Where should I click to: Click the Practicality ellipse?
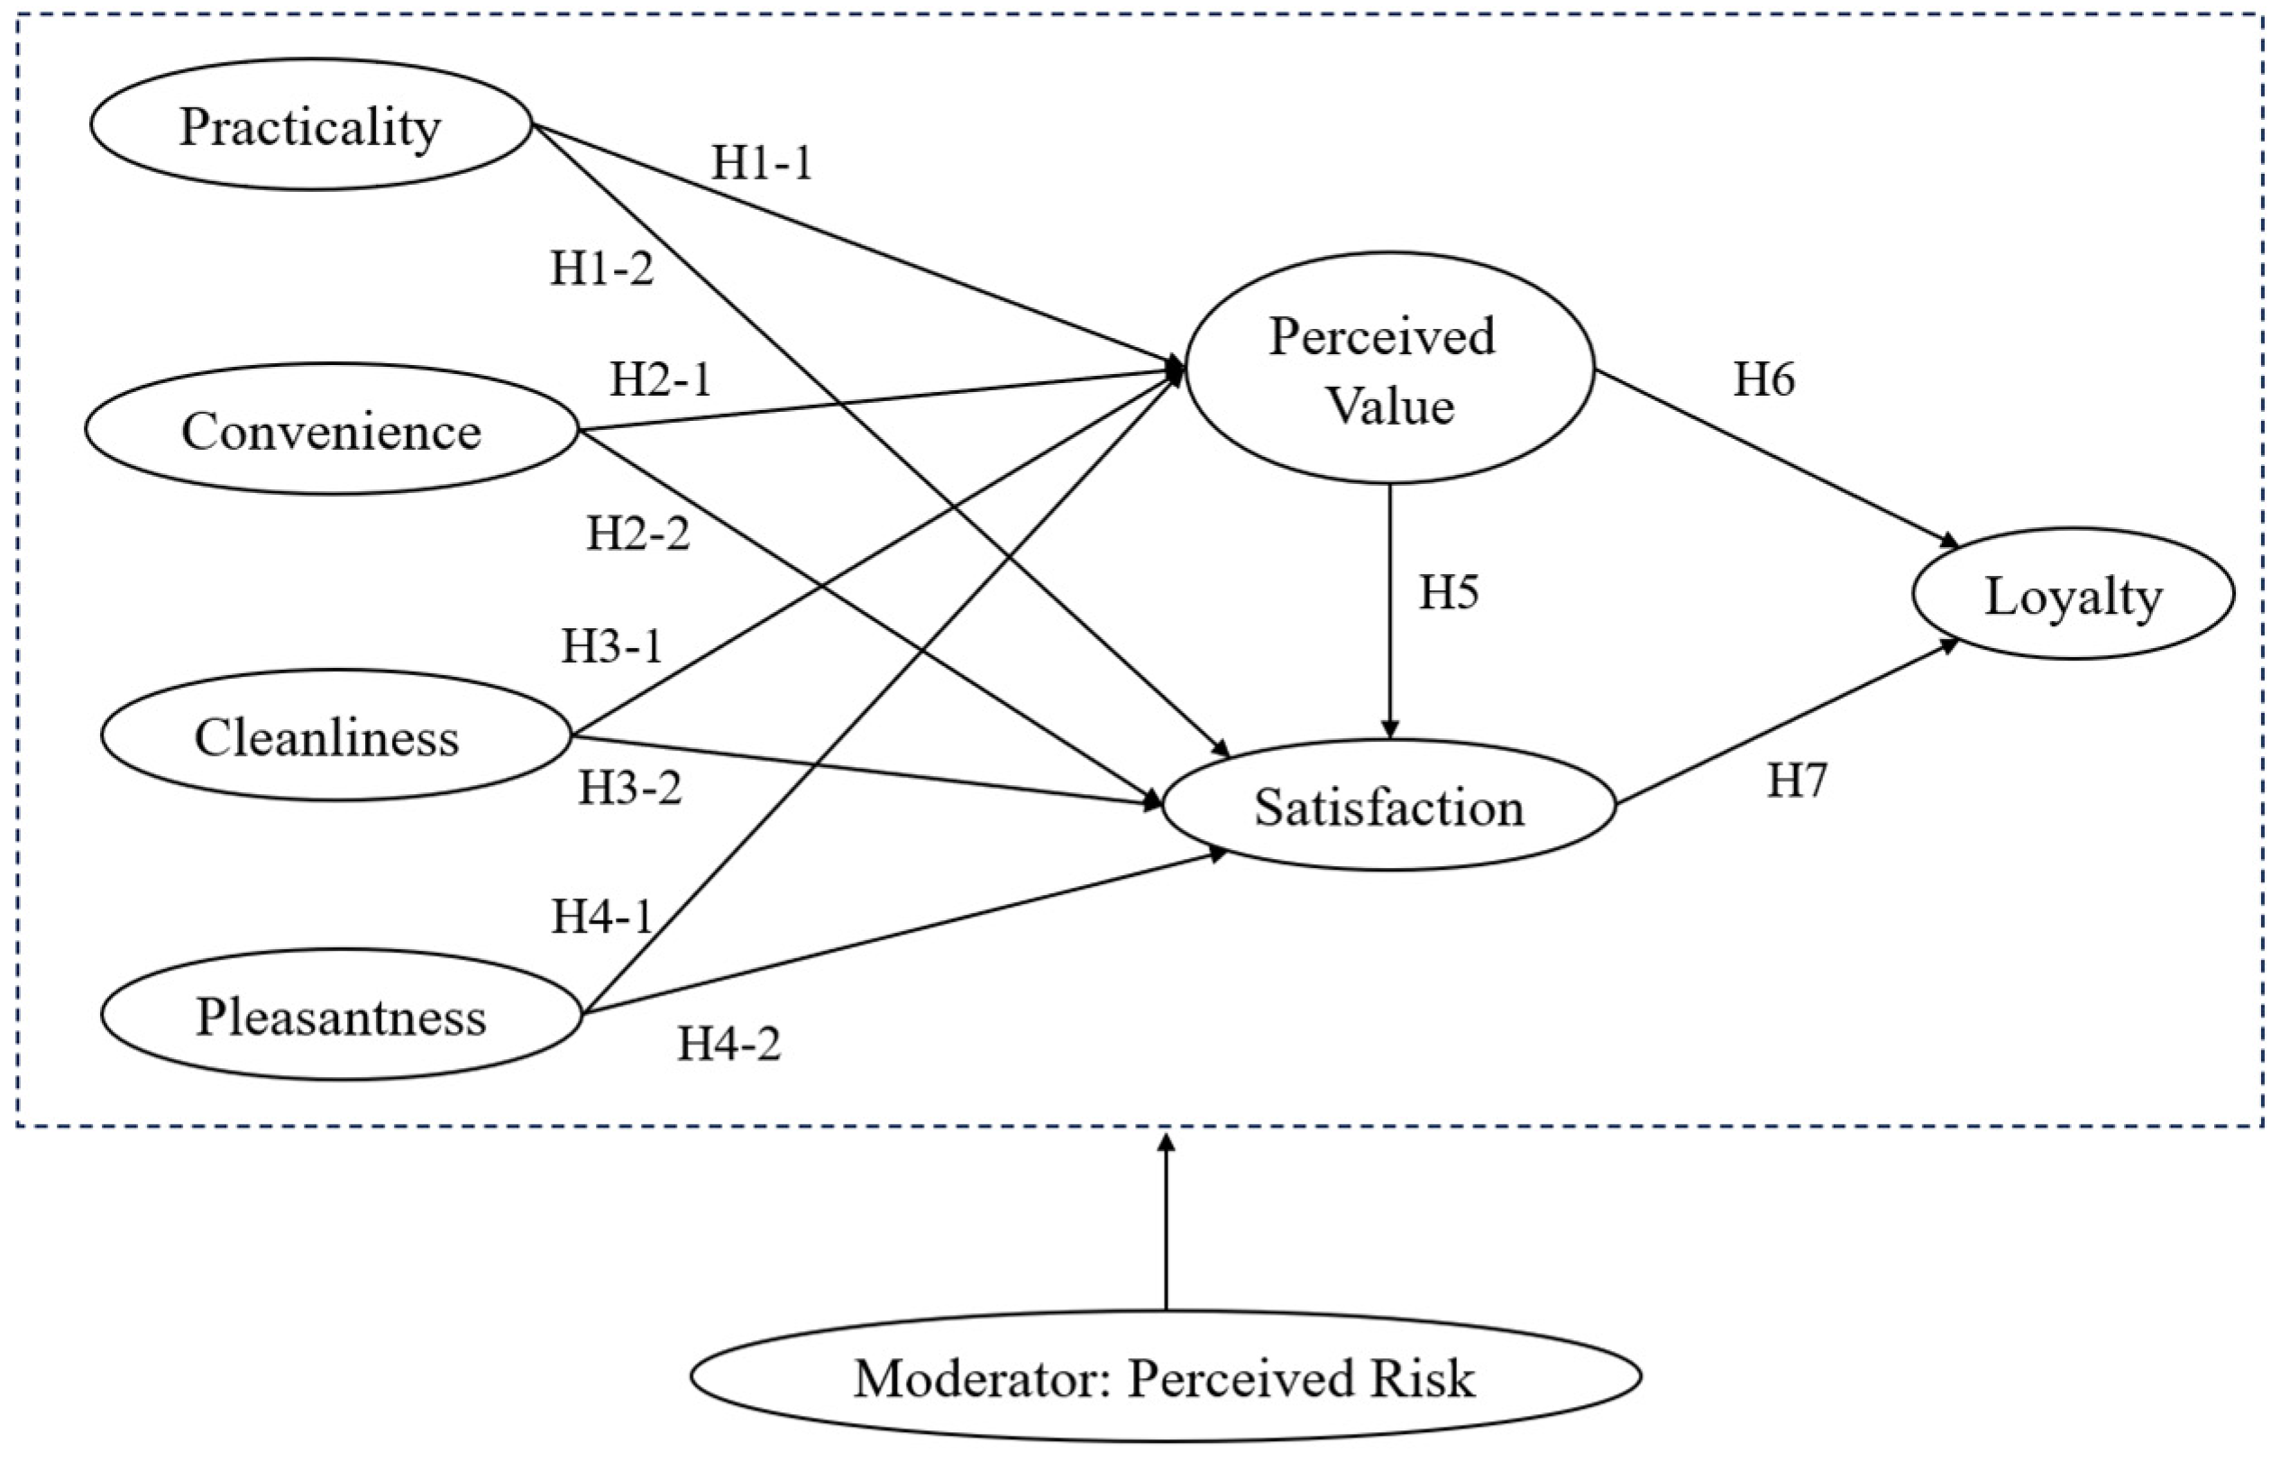coord(310,125)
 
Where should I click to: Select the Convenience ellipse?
coord(331,430)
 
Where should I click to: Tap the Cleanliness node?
coord(327,736)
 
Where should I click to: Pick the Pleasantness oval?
coord(341,1015)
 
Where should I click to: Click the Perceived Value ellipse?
coord(1389,370)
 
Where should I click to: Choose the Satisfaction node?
coord(1389,807)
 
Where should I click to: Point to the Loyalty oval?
coord(2074,595)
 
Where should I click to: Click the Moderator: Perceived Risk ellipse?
coord(1165,1376)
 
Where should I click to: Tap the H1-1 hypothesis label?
coord(762,163)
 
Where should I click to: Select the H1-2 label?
coord(601,269)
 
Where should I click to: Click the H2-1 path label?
coord(659,380)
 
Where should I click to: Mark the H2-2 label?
coord(637,534)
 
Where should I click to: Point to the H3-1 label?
coord(611,647)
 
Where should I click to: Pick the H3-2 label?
coord(630,788)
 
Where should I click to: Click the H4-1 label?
coord(602,917)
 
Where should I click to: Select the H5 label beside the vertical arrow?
coord(1448,592)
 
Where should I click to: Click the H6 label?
coord(1763,379)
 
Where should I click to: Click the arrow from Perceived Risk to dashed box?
coord(1167,1224)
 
